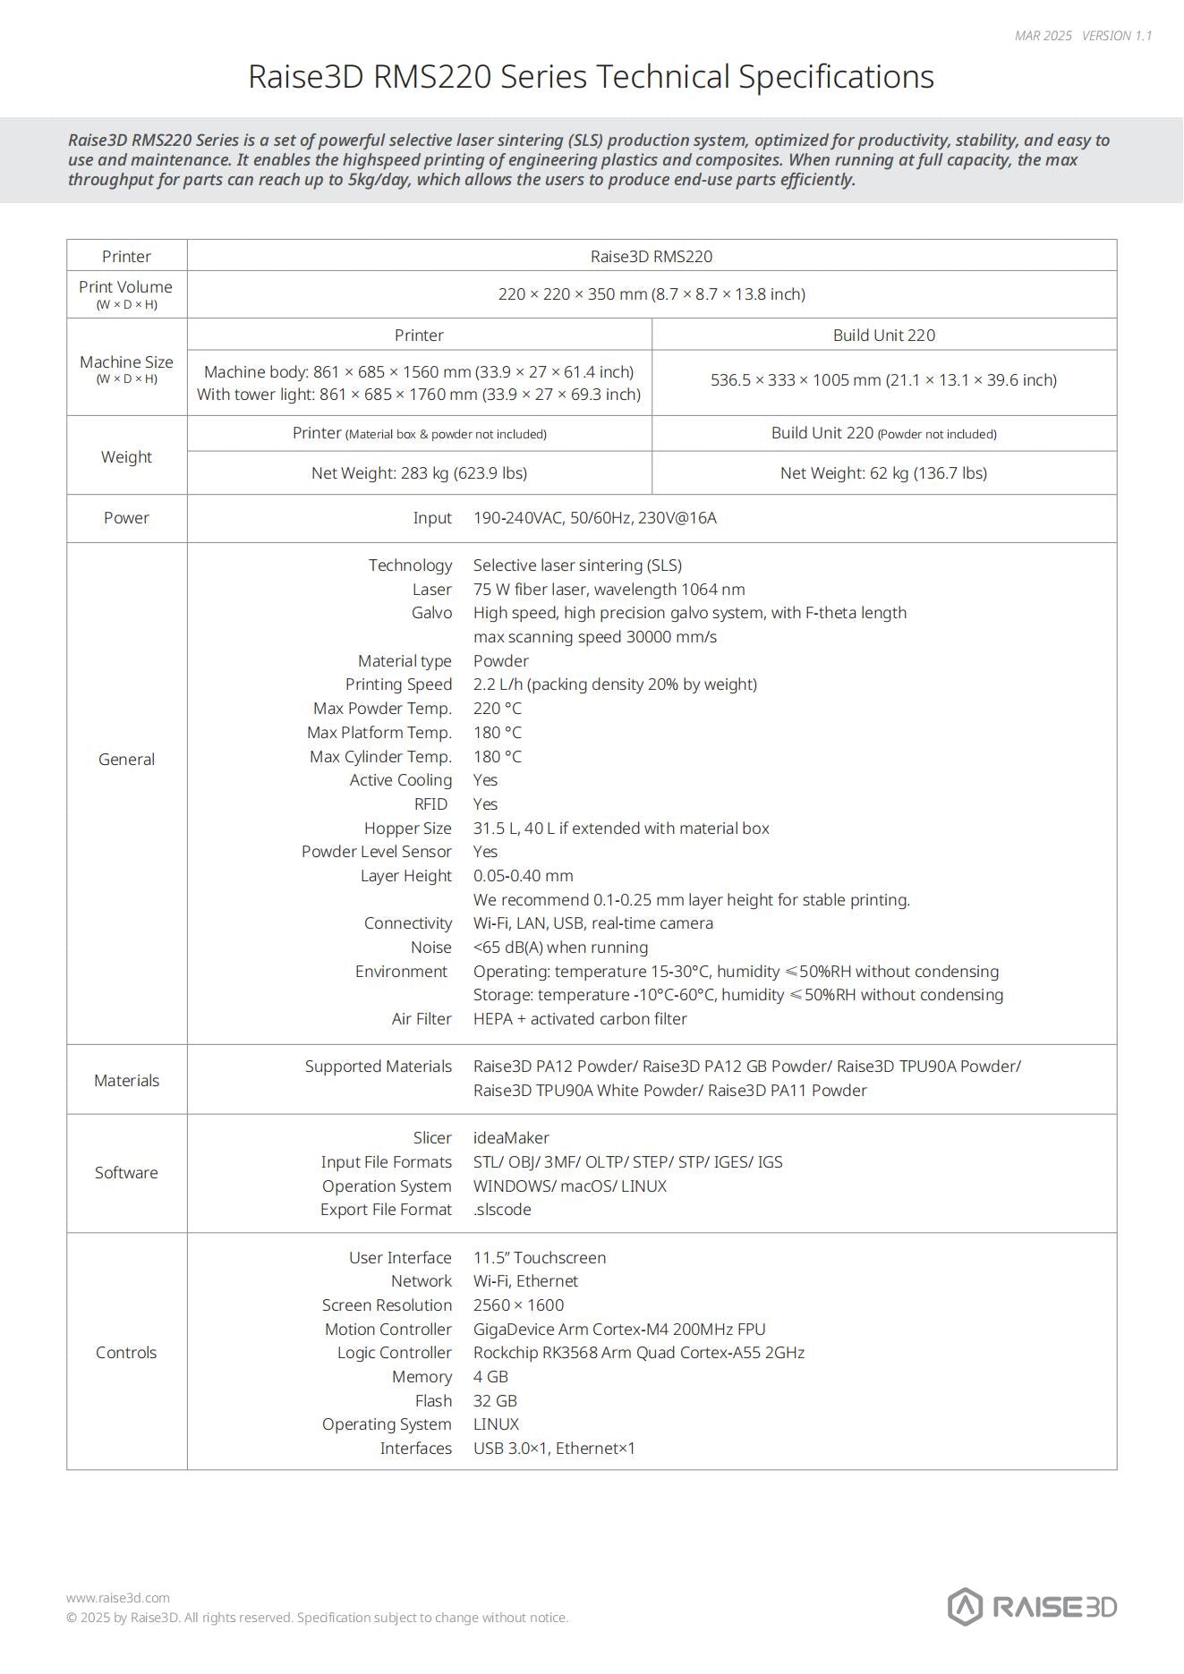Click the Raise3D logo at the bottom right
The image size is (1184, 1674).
(x=1032, y=1607)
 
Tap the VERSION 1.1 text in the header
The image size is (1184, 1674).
(x=1117, y=36)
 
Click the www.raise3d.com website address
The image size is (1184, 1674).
(x=117, y=1597)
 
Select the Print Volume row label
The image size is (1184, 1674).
(x=125, y=287)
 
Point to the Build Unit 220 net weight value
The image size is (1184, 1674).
(x=883, y=472)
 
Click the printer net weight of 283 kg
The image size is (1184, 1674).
(x=419, y=472)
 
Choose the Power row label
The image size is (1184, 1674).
(x=126, y=517)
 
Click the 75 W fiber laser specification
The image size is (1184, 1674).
(x=609, y=589)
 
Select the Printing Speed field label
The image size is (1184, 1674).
(x=398, y=684)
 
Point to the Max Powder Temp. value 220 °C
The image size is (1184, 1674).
(x=497, y=709)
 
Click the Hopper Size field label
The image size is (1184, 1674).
(x=407, y=829)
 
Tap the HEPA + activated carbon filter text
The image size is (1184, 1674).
(x=580, y=1019)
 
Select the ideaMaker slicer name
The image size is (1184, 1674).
(x=511, y=1138)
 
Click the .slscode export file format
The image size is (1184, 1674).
(x=502, y=1210)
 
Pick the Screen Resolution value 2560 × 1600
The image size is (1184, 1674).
(x=518, y=1305)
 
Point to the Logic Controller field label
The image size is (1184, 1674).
(x=394, y=1353)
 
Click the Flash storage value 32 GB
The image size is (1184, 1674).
(x=495, y=1401)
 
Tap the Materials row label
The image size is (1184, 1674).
(x=126, y=1080)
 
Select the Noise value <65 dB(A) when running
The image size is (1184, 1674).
(x=560, y=947)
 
